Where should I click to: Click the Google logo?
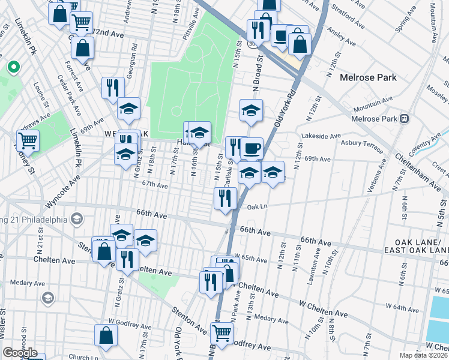coord(20,353)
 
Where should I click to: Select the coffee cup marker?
coord(252,148)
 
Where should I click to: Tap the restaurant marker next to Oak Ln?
coord(226,197)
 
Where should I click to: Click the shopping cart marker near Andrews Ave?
coord(27,140)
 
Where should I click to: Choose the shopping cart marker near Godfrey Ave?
coord(222,332)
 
